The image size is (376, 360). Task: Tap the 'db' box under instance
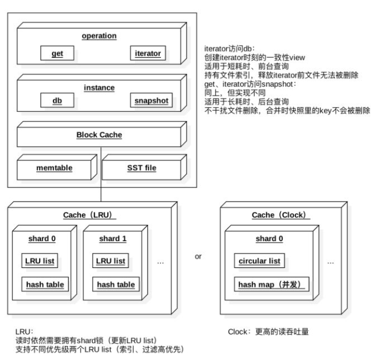click(x=57, y=100)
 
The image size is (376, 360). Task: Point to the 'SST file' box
click(x=141, y=168)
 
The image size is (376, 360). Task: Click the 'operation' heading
click(x=99, y=36)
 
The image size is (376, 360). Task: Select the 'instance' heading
click(x=99, y=87)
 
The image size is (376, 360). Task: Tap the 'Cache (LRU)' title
click(x=89, y=215)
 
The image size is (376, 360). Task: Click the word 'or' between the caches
click(x=198, y=256)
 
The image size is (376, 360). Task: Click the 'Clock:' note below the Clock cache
click(x=240, y=332)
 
